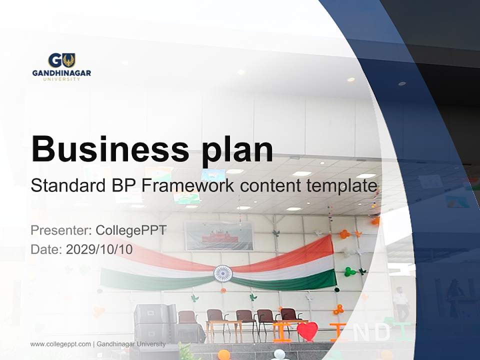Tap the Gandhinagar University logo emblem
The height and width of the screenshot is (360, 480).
[61, 60]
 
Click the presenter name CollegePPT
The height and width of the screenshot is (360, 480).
[131, 230]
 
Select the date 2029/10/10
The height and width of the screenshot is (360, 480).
[99, 249]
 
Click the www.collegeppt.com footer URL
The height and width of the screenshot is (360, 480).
[60, 344]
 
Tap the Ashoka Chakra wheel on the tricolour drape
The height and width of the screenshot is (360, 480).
[223, 273]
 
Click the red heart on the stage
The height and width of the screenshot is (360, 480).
[307, 331]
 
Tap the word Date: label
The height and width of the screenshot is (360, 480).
[46, 249]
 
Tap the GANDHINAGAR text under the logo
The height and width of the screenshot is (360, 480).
[61, 73]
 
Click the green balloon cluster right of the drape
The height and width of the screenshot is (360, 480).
[349, 271]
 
